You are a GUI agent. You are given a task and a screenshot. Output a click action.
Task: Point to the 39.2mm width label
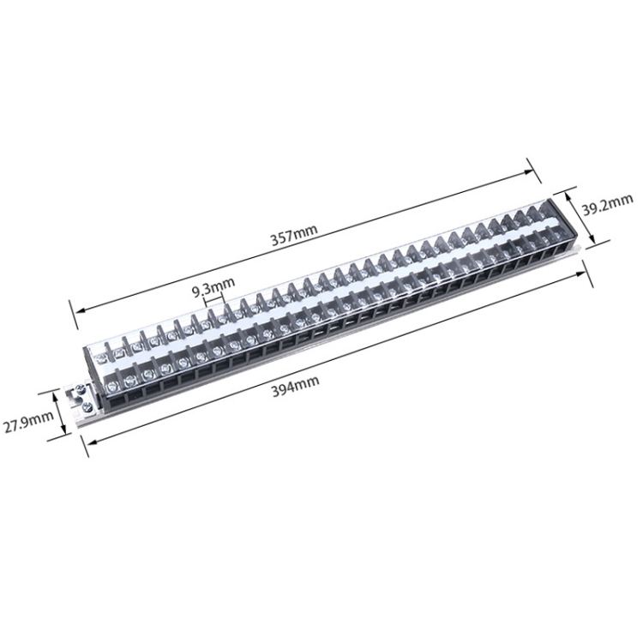coord(607,206)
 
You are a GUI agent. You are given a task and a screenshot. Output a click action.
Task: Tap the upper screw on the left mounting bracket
coord(79,392)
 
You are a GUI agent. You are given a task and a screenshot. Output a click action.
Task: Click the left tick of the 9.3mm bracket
coord(206,297)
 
